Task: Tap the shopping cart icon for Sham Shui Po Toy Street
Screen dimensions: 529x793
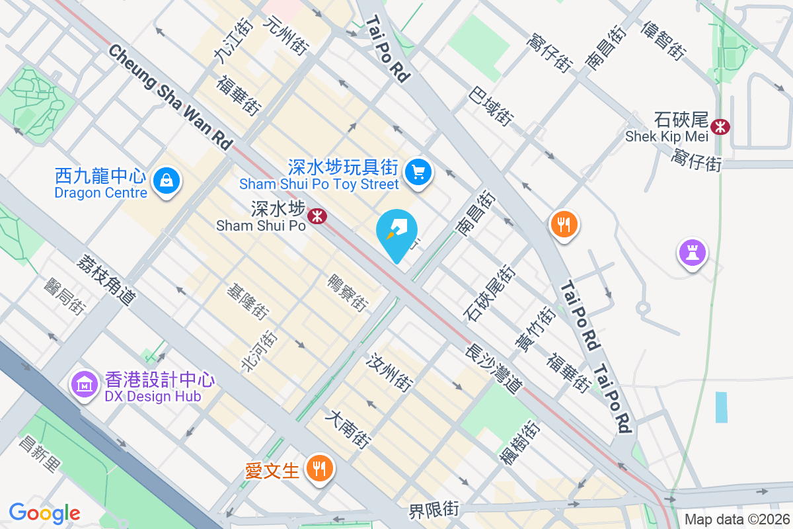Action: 418,172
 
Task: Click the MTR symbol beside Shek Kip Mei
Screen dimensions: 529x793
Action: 720,126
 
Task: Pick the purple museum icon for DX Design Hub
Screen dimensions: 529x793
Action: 85,383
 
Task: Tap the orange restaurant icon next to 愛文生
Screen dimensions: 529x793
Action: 319,469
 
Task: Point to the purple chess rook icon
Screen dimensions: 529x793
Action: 692,252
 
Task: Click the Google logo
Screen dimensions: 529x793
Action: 44,512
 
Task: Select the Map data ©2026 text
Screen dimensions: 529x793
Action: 737,520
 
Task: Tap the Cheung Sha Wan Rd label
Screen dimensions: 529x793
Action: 170,97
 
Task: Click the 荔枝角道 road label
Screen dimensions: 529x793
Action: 106,280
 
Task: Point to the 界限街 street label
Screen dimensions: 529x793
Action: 434,510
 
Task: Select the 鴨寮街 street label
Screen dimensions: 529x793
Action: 348,293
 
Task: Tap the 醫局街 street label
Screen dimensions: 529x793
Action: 65,296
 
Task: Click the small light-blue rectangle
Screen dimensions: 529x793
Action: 721,407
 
